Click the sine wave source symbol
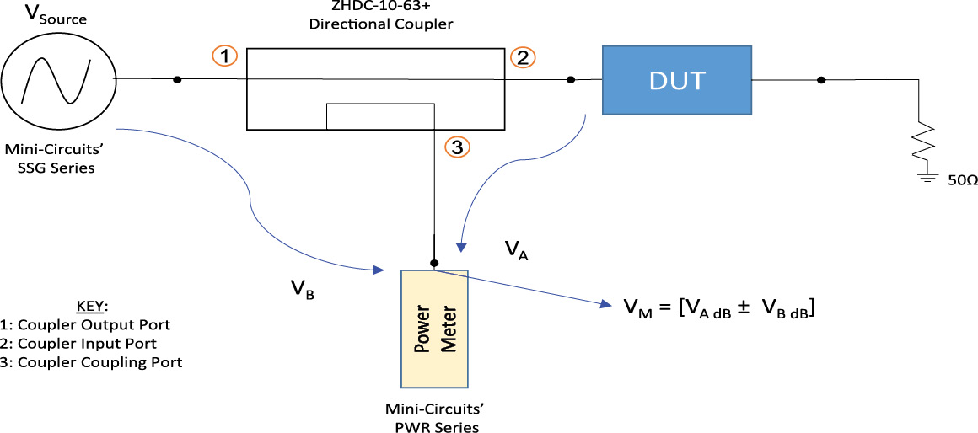(57, 79)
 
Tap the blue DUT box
(674, 80)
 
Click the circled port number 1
(223, 56)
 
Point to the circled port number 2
(523, 56)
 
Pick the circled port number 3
(456, 147)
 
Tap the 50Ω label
(959, 181)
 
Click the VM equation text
(717, 309)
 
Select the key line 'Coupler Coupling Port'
(96, 362)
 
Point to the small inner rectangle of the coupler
(379, 116)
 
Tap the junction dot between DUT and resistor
(821, 80)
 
